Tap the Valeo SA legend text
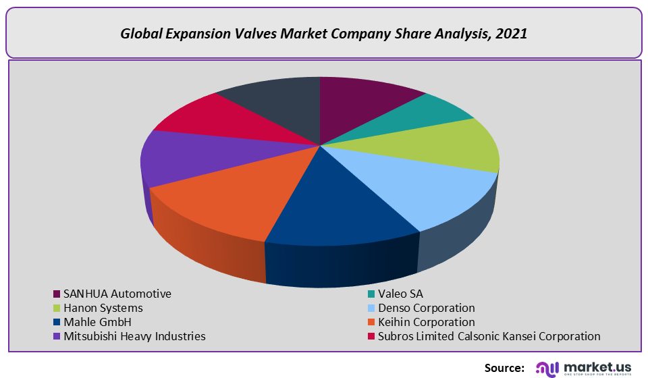[x=402, y=294]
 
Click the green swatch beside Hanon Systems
[x=57, y=308]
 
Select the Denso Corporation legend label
[x=426, y=308]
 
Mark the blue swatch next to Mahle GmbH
[x=57, y=323]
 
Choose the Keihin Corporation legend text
[x=426, y=322]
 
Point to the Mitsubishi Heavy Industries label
[x=134, y=336]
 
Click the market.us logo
[x=585, y=367]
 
